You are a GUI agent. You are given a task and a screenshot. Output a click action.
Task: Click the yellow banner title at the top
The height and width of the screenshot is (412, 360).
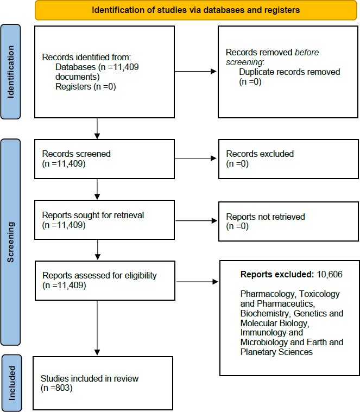[x=196, y=10]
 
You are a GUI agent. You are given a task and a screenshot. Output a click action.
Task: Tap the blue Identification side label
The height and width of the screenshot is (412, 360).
[x=10, y=72]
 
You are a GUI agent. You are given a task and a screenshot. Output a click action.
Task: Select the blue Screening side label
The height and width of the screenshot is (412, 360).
[x=10, y=242]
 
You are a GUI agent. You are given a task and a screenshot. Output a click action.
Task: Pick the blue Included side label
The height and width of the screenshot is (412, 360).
[x=11, y=383]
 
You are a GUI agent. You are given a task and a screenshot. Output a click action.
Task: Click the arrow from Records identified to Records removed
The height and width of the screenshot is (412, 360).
[x=195, y=71]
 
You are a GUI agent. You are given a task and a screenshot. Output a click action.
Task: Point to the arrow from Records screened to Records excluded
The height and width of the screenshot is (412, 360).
[x=195, y=158]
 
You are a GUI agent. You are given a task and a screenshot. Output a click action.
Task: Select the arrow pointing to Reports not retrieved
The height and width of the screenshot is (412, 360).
[x=197, y=221]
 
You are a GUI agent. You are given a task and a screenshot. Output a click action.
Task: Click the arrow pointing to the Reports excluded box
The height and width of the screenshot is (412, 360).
[x=197, y=282]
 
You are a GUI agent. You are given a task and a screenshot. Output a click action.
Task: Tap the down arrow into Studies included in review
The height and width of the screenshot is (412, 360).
[x=97, y=328]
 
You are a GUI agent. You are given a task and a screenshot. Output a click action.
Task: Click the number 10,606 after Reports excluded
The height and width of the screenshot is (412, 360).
[x=330, y=274]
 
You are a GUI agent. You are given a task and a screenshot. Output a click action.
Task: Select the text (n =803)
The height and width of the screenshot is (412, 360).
[x=56, y=388]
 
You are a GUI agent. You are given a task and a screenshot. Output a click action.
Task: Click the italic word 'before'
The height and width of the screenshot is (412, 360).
[x=307, y=52]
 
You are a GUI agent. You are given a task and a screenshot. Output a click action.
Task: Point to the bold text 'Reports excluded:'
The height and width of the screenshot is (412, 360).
[x=277, y=274]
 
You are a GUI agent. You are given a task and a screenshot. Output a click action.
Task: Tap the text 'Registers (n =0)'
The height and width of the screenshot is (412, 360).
[x=86, y=86]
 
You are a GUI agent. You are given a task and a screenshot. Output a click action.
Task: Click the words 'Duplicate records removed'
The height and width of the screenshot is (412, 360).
[x=289, y=72]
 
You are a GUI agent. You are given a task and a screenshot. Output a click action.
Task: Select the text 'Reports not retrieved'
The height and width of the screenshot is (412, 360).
[x=266, y=217]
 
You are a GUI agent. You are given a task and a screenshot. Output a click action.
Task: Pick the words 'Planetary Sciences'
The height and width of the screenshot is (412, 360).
[x=276, y=352]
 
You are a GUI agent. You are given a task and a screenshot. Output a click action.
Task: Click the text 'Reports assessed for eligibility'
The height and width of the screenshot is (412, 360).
[x=99, y=275]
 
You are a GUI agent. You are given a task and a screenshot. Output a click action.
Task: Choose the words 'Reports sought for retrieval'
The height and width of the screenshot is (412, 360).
[x=93, y=215]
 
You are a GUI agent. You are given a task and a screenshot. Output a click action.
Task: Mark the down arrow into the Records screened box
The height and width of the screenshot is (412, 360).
[x=97, y=129]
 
